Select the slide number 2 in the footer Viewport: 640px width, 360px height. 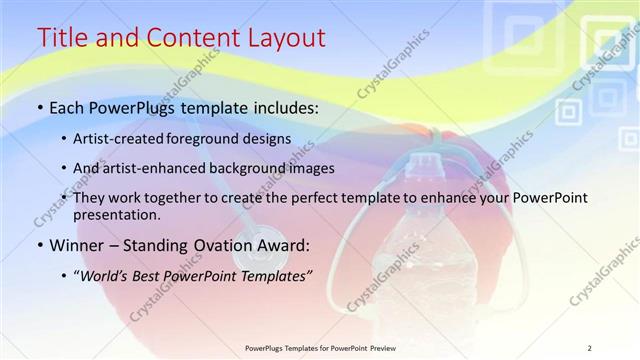(589, 348)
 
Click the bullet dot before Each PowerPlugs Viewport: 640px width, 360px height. (39, 107)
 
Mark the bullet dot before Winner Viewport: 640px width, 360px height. (39, 245)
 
